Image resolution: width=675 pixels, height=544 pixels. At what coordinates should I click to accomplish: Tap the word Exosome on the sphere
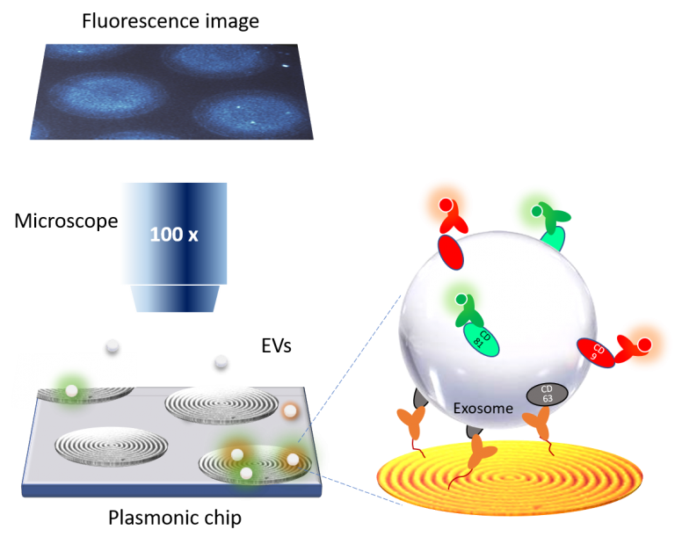(483, 408)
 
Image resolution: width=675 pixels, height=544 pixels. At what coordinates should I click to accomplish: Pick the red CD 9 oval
(595, 352)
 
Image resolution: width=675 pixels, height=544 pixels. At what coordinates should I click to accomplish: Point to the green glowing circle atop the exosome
(536, 211)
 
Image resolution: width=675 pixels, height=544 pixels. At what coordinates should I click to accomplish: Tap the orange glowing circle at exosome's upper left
(446, 205)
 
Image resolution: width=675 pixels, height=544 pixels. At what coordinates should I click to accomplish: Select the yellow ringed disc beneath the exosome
(509, 479)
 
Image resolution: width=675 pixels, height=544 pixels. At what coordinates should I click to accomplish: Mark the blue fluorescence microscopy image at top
(172, 91)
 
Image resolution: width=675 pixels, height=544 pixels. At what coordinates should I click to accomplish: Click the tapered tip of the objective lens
(173, 299)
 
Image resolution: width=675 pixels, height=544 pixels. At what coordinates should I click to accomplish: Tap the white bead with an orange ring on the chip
(289, 410)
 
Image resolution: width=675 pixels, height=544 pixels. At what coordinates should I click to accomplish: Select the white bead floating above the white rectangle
(112, 345)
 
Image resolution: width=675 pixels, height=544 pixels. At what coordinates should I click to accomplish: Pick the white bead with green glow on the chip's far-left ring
(71, 390)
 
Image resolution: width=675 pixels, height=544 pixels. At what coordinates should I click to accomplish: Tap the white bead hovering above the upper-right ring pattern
(221, 360)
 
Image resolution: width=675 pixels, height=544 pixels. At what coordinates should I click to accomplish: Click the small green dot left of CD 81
(461, 300)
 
